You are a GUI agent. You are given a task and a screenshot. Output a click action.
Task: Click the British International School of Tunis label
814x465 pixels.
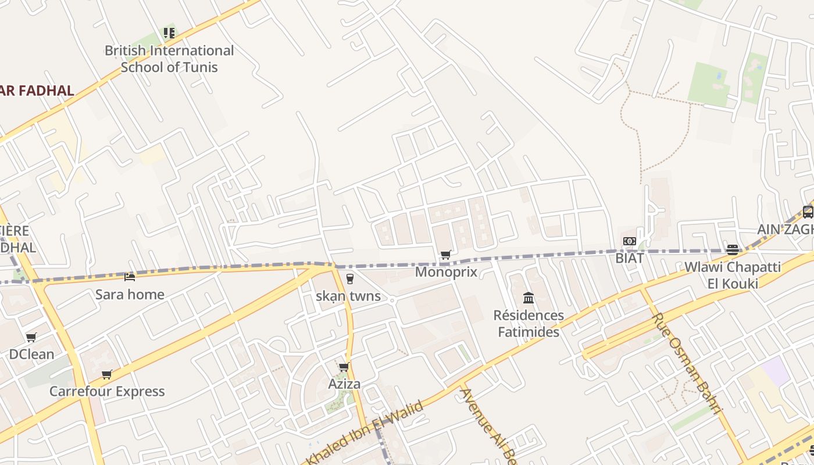tap(169, 59)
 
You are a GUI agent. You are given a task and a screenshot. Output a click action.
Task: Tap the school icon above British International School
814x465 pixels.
tap(169, 33)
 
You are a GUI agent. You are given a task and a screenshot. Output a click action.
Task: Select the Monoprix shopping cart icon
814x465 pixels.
tap(446, 255)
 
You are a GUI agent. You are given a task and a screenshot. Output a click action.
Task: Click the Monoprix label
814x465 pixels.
tap(446, 272)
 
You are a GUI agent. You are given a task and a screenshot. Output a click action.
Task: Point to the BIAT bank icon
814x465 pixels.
tap(629, 241)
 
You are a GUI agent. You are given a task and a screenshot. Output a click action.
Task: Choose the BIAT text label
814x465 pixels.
tap(630, 258)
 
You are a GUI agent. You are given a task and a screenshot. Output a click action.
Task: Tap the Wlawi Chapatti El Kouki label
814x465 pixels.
tap(733, 276)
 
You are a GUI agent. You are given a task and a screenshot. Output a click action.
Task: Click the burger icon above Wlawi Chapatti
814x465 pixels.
tap(732, 250)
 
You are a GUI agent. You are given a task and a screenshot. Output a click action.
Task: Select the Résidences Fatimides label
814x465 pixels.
tap(529, 324)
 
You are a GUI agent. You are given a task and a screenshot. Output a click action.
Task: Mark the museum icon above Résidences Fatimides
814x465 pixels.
tap(529, 298)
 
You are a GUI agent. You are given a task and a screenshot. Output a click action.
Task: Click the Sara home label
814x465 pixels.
tap(130, 294)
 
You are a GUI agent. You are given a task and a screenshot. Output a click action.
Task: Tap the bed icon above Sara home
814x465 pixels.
tap(130, 277)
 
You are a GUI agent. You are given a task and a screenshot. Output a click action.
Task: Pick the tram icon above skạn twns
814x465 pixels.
tap(349, 279)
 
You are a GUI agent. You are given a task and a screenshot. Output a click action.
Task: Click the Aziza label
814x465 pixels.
tap(344, 384)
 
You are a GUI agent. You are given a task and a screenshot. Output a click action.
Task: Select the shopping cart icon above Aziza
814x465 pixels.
tap(344, 367)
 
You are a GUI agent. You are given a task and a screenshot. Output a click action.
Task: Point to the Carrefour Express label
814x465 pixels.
tap(107, 391)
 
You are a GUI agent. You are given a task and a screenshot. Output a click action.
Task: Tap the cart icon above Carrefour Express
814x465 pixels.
tap(106, 374)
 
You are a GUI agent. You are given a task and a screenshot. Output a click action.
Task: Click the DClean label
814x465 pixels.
tap(31, 354)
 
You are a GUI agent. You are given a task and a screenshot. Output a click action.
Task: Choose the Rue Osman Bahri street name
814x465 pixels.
tap(687, 363)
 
